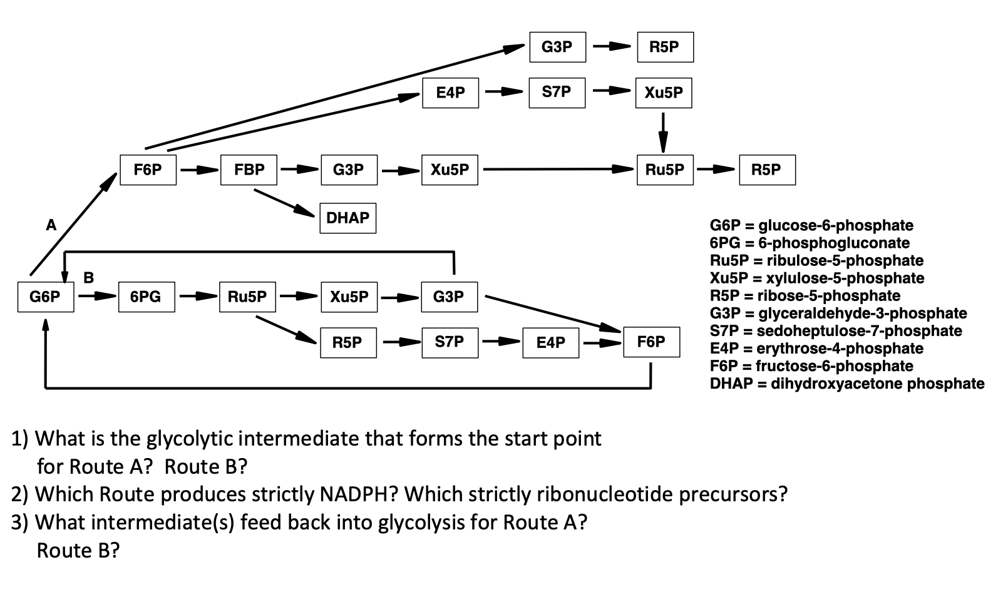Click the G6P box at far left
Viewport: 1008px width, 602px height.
point(45,297)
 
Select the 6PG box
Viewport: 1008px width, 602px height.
point(147,297)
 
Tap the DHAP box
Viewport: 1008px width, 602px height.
point(347,218)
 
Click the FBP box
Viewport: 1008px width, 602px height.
point(249,170)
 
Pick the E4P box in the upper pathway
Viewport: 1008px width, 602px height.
point(450,93)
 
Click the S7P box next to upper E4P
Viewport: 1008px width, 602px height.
point(557,93)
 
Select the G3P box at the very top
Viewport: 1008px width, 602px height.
point(557,47)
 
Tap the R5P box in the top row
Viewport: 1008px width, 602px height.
point(665,47)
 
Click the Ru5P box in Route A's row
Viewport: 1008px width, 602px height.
point(665,170)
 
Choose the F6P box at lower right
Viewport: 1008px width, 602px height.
point(651,342)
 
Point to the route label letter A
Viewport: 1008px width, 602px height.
point(51,225)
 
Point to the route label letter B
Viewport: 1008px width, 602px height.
point(89,277)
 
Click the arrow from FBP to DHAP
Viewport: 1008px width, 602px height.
point(284,203)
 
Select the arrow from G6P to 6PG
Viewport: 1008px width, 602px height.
point(96,297)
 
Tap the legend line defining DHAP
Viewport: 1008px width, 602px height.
point(846,384)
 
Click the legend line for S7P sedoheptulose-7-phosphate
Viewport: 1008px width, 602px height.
point(835,330)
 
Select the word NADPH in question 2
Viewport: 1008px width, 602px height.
point(355,494)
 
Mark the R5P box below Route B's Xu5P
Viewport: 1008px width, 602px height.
point(348,342)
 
